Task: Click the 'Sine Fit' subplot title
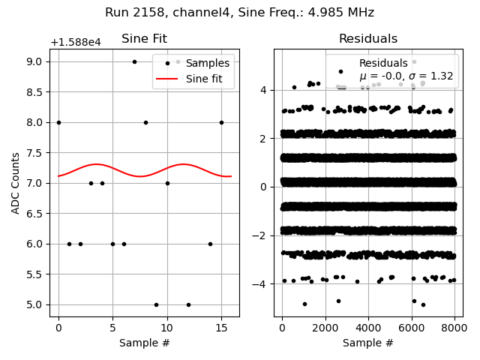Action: [x=144, y=39]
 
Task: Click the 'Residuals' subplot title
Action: [x=367, y=39]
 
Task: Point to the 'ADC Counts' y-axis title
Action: [x=16, y=182]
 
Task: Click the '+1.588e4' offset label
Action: [x=75, y=43]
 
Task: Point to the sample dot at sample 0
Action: [x=58, y=122]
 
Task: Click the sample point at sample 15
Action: [x=221, y=122]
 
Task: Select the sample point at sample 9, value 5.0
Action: [x=156, y=304]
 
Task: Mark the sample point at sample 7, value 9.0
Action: [x=134, y=61]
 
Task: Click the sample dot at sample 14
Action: [x=210, y=244]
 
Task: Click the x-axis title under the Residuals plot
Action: [x=367, y=343]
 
